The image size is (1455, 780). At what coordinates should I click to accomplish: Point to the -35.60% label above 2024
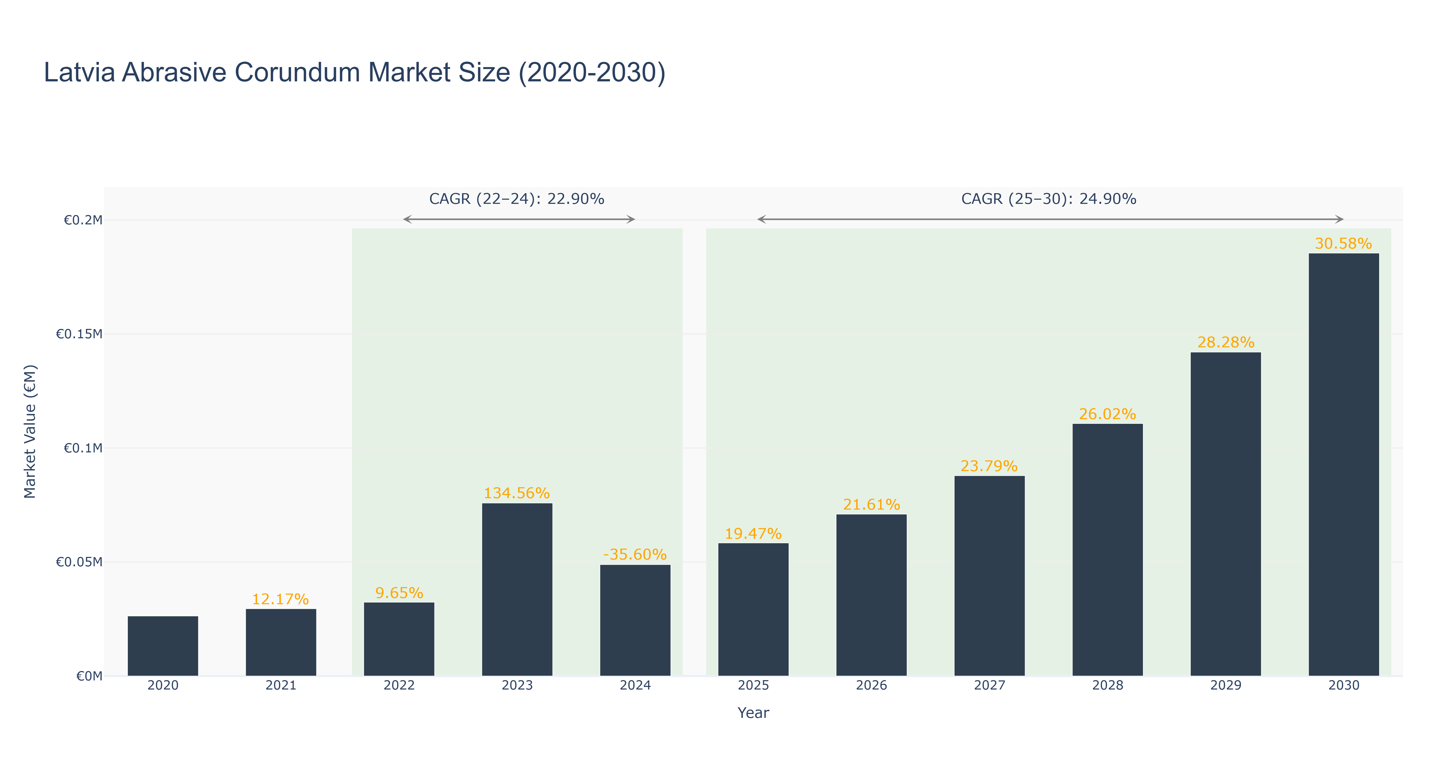pyautogui.click(x=635, y=555)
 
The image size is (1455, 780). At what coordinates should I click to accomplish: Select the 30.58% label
pyautogui.click(x=1343, y=244)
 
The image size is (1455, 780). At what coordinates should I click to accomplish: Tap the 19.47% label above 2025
pyautogui.click(x=753, y=534)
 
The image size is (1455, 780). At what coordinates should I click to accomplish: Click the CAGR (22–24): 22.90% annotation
pyautogui.click(x=517, y=199)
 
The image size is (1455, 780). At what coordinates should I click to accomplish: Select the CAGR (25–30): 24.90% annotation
pyautogui.click(x=1049, y=199)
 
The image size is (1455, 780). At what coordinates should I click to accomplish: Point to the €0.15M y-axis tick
pyautogui.click(x=79, y=334)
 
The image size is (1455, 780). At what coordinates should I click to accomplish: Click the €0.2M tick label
pyautogui.click(x=83, y=220)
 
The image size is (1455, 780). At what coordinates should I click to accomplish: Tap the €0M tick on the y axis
pyautogui.click(x=89, y=676)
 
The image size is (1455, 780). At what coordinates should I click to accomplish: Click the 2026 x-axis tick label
pyautogui.click(x=871, y=686)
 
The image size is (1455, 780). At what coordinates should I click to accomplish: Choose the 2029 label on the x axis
pyautogui.click(x=1226, y=686)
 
